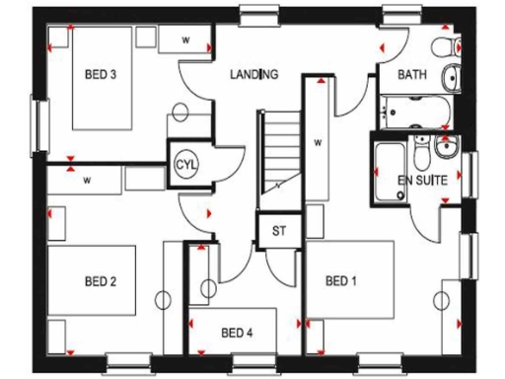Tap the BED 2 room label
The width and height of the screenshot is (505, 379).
tap(101, 281)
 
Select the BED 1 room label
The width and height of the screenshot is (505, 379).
tap(340, 281)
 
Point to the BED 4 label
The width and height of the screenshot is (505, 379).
tap(237, 332)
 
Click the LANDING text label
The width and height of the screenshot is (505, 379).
tap(254, 74)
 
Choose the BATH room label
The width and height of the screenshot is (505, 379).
tap(411, 75)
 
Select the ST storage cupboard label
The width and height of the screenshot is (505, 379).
tap(278, 233)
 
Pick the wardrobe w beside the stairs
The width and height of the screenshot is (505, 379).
tap(318, 141)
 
